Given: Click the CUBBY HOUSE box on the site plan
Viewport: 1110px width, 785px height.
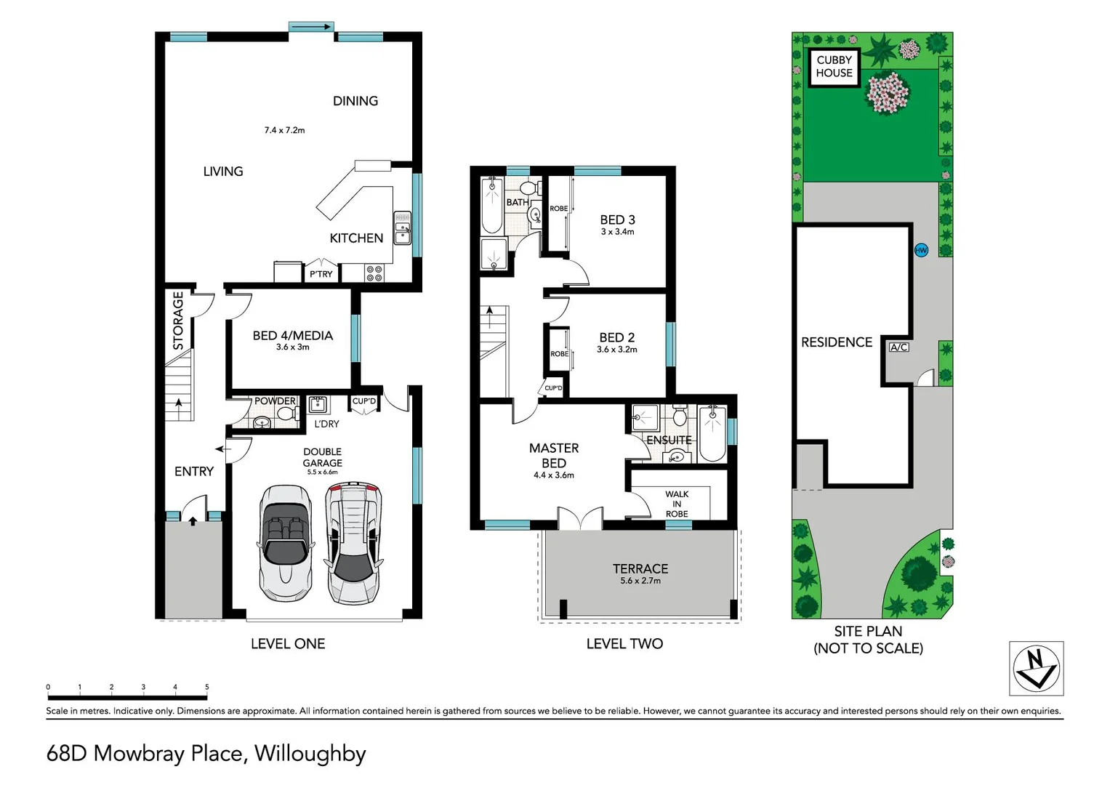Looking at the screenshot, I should pyautogui.click(x=834, y=67).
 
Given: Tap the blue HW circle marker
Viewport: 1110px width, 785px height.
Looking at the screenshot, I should pyautogui.click(x=921, y=250).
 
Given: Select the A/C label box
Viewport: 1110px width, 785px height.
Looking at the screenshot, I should pyautogui.click(x=898, y=347).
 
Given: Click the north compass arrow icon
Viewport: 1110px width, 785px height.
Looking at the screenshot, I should pyautogui.click(x=1036, y=668).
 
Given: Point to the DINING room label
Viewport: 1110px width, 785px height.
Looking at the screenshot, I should pyautogui.click(x=355, y=101).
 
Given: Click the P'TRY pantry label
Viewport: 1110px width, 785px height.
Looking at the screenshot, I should pyautogui.click(x=321, y=274).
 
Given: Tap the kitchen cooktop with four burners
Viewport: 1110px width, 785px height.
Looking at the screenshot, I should pyautogui.click(x=374, y=273).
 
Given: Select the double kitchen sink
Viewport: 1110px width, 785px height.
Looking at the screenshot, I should pyautogui.click(x=402, y=228).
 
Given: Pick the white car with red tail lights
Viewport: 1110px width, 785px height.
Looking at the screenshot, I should pyautogui.click(x=354, y=542).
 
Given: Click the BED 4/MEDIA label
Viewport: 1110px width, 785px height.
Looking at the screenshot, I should pyautogui.click(x=293, y=336).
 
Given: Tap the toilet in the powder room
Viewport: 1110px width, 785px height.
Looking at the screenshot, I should pyautogui.click(x=286, y=414).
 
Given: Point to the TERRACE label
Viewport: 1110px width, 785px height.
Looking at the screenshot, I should pyautogui.click(x=640, y=569).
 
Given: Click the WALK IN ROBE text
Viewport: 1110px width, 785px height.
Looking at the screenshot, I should pyautogui.click(x=677, y=504).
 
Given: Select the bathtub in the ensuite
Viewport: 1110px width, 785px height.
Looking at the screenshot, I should pyautogui.click(x=712, y=435).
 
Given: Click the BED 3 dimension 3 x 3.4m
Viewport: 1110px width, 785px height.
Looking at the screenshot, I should pyautogui.click(x=617, y=232).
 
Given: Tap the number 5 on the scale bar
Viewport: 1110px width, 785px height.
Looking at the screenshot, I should pyautogui.click(x=207, y=687).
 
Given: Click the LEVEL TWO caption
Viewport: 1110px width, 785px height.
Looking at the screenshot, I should pyautogui.click(x=624, y=643).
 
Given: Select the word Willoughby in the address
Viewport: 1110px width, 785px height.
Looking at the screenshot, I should pyautogui.click(x=310, y=754).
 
